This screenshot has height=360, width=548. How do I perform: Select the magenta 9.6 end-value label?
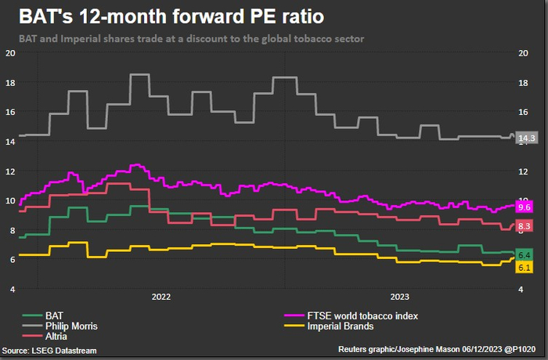click(x=525, y=207)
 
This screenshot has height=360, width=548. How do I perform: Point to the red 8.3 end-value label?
click(x=525, y=226)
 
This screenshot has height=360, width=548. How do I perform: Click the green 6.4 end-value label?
click(x=525, y=255)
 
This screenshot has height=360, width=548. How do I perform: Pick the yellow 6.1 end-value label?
click(x=525, y=268)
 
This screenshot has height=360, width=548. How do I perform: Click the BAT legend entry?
click(x=55, y=315)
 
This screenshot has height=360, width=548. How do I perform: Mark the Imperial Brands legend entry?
click(x=341, y=326)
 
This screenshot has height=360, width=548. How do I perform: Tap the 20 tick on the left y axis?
click(x=10, y=53)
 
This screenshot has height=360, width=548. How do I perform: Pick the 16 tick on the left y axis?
click(x=10, y=112)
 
